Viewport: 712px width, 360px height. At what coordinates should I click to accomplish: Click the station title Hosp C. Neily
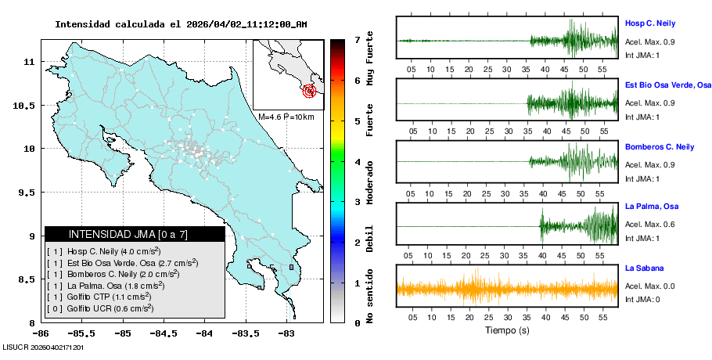(649, 23)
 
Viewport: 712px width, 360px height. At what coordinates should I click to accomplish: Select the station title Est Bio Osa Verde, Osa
(667, 85)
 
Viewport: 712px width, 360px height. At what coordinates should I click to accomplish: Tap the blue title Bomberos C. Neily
(659, 147)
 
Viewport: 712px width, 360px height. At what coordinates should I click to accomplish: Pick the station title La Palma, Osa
(650, 207)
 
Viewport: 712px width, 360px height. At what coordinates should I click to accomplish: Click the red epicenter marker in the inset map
(310, 91)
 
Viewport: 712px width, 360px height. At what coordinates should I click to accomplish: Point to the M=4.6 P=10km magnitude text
(286, 117)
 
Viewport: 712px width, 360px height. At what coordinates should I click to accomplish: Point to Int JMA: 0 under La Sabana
(642, 300)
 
